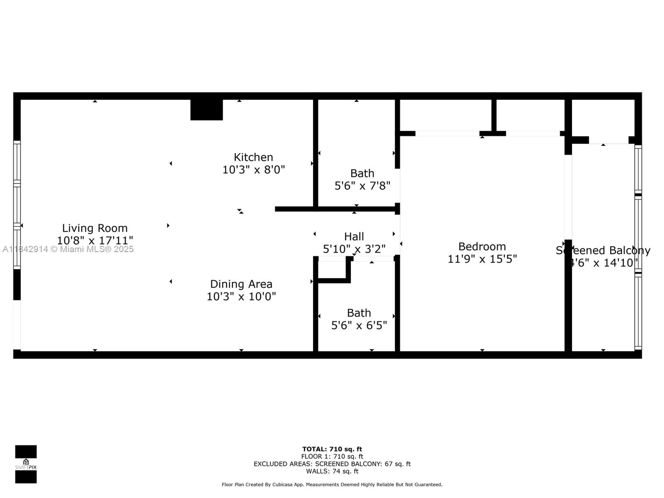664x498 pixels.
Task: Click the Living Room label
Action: [x=95, y=228]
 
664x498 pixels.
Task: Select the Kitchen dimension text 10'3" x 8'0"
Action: [x=253, y=170]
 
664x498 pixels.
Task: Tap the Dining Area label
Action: [x=241, y=284]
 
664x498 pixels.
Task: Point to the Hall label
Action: [x=354, y=236]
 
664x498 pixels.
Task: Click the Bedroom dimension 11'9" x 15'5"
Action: [x=482, y=259]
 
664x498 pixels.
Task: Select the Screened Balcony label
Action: [x=603, y=250]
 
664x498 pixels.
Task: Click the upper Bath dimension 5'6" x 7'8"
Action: [x=362, y=186]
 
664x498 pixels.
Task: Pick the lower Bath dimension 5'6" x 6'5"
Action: [x=359, y=325]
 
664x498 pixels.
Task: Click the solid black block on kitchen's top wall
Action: [x=207, y=110]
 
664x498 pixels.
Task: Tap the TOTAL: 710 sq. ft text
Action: [x=332, y=449]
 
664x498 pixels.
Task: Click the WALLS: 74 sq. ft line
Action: [x=332, y=471]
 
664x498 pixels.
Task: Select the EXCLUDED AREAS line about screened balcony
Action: [x=332, y=464]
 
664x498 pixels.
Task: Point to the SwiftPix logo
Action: [x=26, y=464]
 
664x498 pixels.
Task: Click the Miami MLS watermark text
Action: [x=68, y=249]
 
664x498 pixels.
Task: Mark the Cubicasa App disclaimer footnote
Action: [x=332, y=485]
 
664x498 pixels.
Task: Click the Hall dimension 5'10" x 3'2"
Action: [x=354, y=249]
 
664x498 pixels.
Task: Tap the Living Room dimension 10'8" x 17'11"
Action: [x=95, y=240]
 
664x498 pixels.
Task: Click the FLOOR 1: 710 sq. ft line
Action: [x=332, y=456]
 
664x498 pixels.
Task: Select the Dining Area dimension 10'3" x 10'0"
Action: [x=241, y=296]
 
